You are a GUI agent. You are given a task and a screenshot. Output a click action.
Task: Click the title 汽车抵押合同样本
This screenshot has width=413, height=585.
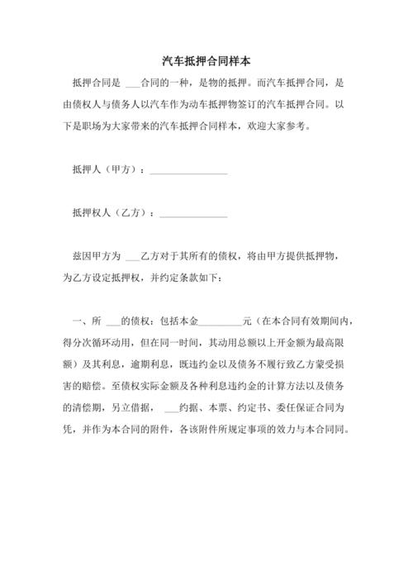(x=206, y=62)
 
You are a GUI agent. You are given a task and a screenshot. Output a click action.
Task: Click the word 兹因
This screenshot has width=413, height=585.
(x=83, y=256)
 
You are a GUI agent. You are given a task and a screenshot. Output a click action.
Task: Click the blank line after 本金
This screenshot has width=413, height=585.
(x=220, y=321)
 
